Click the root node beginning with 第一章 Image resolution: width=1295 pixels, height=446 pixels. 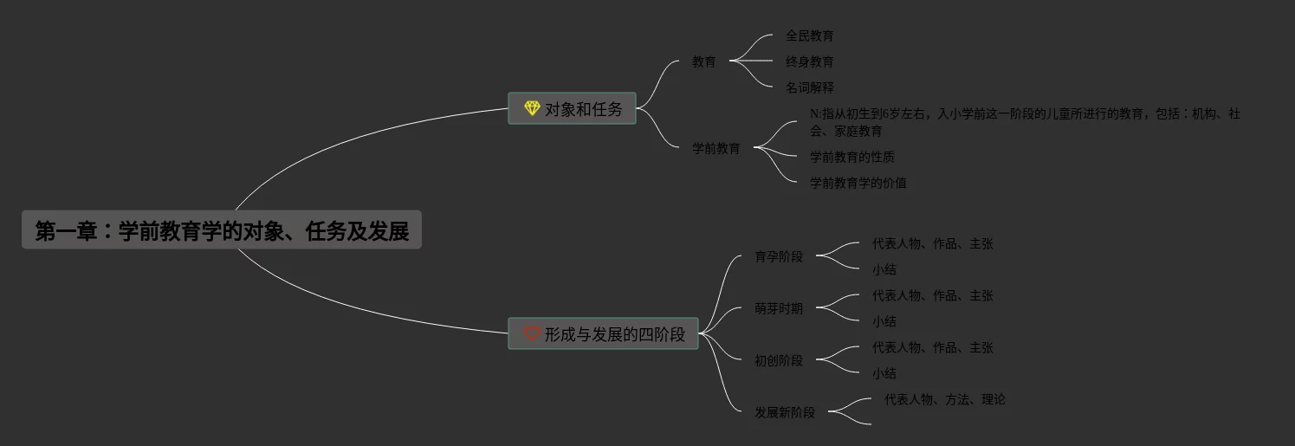tap(222, 230)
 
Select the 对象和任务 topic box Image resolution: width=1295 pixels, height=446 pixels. tap(572, 109)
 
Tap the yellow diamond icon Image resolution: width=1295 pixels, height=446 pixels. tap(532, 108)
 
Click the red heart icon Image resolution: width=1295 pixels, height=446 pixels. tap(532, 333)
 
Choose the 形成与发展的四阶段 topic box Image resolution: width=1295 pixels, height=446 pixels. tap(603, 334)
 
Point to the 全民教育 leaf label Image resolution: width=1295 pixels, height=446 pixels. tap(809, 36)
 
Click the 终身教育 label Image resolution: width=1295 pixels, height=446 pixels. tap(809, 61)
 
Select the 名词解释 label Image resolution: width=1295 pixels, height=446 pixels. tap(809, 87)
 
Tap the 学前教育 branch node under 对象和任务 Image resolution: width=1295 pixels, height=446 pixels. tap(715, 148)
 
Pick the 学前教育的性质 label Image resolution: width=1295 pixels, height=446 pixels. tap(851, 157)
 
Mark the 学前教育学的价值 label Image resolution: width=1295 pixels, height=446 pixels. tap(858, 183)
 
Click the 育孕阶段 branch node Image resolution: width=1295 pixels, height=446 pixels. tap(778, 256)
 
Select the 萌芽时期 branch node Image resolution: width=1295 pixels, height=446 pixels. tap(778, 308)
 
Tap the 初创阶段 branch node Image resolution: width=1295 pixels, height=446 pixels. tap(778, 360)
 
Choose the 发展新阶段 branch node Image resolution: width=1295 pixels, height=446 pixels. tap(784, 412)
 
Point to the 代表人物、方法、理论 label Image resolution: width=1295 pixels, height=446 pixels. tap(944, 399)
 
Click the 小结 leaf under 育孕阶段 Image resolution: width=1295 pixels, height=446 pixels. tap(884, 269)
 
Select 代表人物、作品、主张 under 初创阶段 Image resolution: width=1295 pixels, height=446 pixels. tap(932, 347)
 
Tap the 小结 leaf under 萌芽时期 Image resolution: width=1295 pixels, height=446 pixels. tap(884, 321)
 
